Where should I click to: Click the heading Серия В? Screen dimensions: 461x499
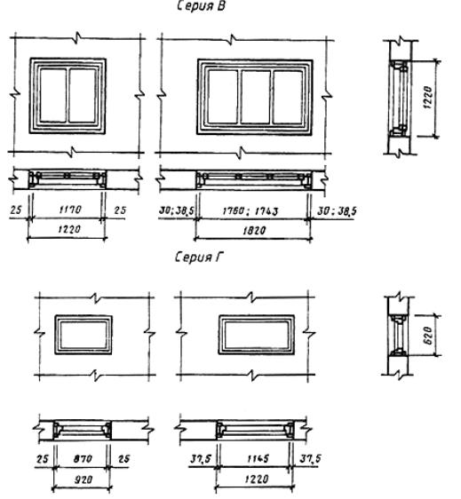(201, 6)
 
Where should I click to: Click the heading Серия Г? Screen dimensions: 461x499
(199, 257)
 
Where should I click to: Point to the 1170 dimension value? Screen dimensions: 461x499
(70, 210)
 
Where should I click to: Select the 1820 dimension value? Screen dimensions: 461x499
(254, 230)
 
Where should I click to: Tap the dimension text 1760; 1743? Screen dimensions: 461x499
(250, 211)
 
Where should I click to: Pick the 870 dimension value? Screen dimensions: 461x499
(83, 458)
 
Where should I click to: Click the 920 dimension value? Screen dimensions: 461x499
(83, 479)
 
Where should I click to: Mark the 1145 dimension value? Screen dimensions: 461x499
(258, 458)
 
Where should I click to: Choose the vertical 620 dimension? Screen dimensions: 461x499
(428, 335)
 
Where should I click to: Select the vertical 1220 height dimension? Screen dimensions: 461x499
(428, 98)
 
